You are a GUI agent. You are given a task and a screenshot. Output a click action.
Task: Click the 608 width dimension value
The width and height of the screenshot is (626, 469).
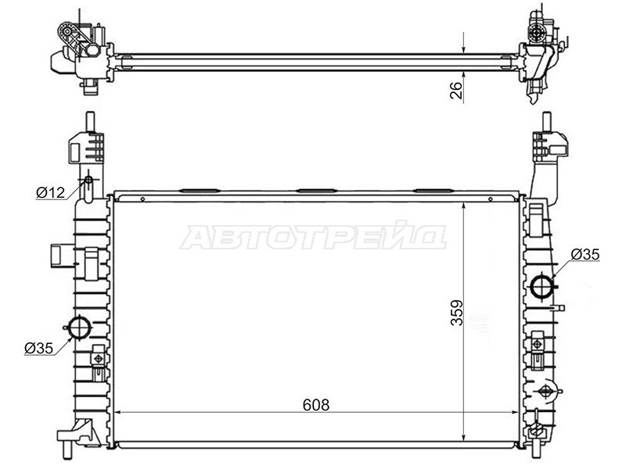tap(316, 405)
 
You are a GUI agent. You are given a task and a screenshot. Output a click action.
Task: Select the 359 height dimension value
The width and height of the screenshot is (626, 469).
tap(457, 313)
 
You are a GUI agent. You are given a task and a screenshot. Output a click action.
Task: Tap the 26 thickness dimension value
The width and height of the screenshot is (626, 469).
tap(456, 90)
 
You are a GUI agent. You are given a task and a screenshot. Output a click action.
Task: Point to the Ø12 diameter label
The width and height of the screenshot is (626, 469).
tap(50, 192)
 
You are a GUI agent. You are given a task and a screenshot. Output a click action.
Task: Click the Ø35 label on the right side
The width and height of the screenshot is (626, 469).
tap(585, 254)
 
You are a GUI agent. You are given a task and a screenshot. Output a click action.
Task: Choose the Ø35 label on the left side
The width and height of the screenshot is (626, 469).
tap(38, 348)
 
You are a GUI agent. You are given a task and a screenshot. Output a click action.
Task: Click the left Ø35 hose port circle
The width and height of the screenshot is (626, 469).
tap(80, 328)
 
